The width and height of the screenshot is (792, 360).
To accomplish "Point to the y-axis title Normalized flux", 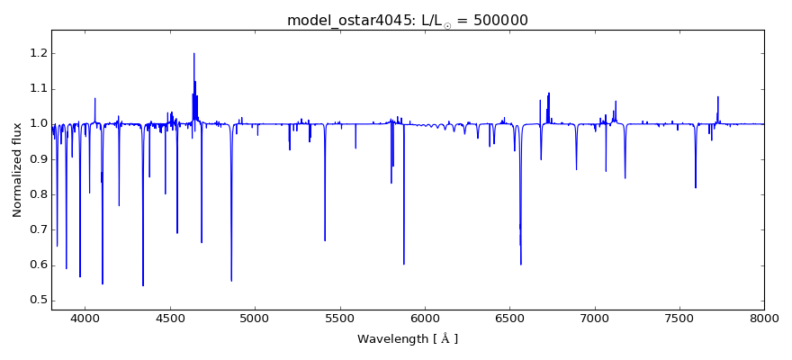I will pyautogui.click(x=17, y=170).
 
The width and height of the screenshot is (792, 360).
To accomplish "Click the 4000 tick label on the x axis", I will pyautogui.click(x=85, y=319).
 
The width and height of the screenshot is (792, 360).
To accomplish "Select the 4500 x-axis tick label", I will pyautogui.click(x=170, y=319).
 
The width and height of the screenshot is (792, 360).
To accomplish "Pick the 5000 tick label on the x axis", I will pyautogui.click(x=255, y=319).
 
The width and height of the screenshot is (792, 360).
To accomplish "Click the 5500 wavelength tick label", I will pyautogui.click(x=340, y=319).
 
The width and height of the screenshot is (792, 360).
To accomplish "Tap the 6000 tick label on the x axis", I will pyautogui.click(x=425, y=319).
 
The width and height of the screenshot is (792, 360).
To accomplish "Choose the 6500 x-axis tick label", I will pyautogui.click(x=509, y=319).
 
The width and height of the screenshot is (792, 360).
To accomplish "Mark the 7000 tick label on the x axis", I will pyautogui.click(x=595, y=319).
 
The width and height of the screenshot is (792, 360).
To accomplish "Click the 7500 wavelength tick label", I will pyautogui.click(x=679, y=319).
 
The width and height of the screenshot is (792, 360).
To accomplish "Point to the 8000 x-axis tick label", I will pyautogui.click(x=764, y=319).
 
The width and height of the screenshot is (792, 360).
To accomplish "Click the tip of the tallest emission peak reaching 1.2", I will pyautogui.click(x=193, y=53).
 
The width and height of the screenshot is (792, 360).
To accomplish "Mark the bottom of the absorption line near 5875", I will pyautogui.click(x=403, y=264).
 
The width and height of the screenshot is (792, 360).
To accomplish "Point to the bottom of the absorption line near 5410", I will pyautogui.click(x=325, y=240).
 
